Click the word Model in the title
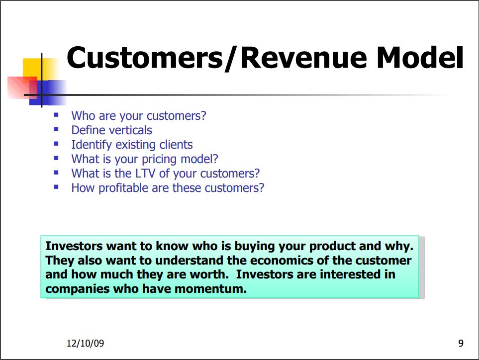coord(420,57)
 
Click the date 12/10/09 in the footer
coord(85,343)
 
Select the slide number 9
coord(461,343)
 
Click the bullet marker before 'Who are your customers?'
coord(56,115)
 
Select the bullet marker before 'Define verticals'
coord(56,129)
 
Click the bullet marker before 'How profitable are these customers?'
coord(56,187)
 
